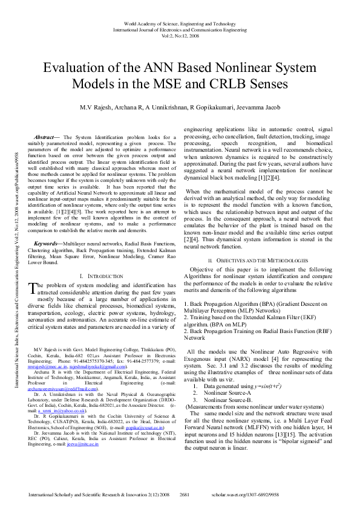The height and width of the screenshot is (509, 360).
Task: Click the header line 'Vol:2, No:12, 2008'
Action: point(180,36)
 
